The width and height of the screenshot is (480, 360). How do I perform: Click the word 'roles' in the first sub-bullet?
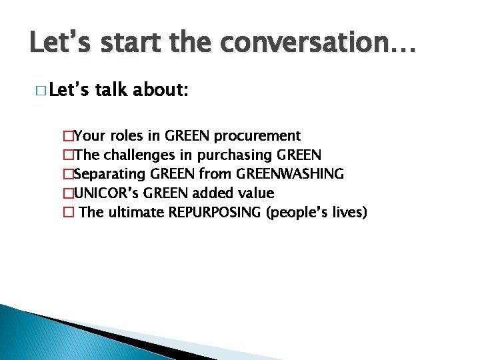pos(126,136)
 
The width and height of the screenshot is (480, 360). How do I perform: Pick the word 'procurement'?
pos(257,136)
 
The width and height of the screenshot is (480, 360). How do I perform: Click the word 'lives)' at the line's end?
pos(349,213)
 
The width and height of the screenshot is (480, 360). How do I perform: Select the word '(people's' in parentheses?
pos(297,213)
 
